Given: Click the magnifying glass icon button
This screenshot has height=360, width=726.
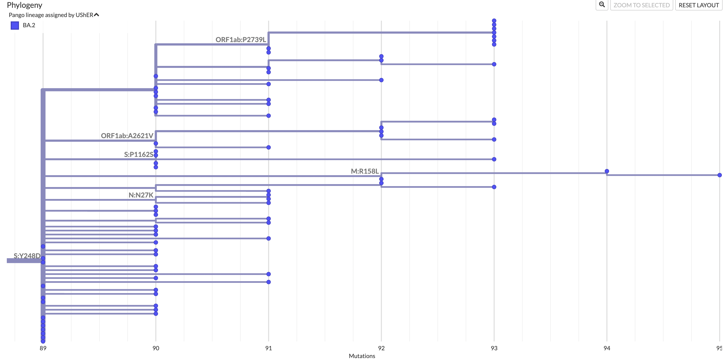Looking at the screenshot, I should click(602, 5).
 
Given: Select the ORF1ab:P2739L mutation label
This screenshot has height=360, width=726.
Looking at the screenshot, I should click(240, 40).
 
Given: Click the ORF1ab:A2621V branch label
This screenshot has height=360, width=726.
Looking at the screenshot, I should click(127, 136).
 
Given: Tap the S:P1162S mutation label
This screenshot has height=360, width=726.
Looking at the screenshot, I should click(139, 154).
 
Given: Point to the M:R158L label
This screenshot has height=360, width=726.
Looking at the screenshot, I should click(364, 171).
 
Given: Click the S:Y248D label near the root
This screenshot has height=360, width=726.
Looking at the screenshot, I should click(27, 256).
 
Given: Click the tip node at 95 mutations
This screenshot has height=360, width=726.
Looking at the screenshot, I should click(719, 175).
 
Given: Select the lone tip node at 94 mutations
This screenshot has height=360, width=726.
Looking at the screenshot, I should click(607, 171).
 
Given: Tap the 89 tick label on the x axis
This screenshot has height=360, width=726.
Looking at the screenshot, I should click(43, 348).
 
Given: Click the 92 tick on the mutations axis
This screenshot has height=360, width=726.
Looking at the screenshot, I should click(381, 348).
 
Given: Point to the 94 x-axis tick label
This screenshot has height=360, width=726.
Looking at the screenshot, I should click(607, 348).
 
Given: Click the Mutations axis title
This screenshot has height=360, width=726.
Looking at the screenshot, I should click(362, 356).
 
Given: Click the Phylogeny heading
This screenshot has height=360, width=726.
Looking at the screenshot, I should click(25, 5).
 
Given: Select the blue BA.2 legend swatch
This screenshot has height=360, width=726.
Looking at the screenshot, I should click(15, 25).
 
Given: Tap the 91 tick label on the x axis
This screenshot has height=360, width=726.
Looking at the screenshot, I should click(268, 348).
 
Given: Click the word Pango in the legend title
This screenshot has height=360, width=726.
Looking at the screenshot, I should click(16, 15).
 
